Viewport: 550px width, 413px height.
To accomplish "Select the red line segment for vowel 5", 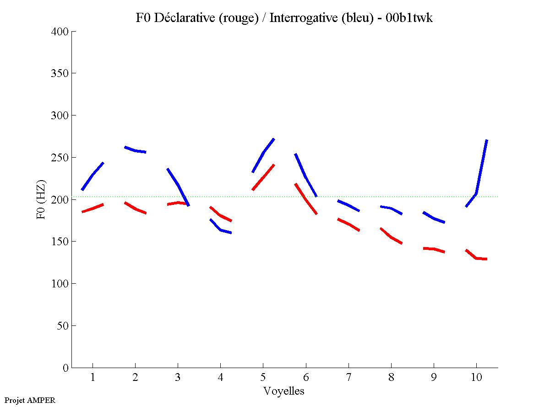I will pyautogui.click(x=263, y=177).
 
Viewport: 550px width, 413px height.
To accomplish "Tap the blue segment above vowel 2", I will pyautogui.click(x=135, y=150).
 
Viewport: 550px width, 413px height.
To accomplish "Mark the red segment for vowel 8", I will pyautogui.click(x=391, y=237).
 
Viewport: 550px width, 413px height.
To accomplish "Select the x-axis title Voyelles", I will pyautogui.click(x=284, y=391).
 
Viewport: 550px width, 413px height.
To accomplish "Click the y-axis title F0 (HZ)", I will pyautogui.click(x=40, y=199).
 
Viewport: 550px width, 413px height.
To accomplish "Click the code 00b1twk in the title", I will pyautogui.click(x=408, y=18).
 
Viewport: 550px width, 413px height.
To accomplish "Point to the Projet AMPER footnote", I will pyautogui.click(x=30, y=400).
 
